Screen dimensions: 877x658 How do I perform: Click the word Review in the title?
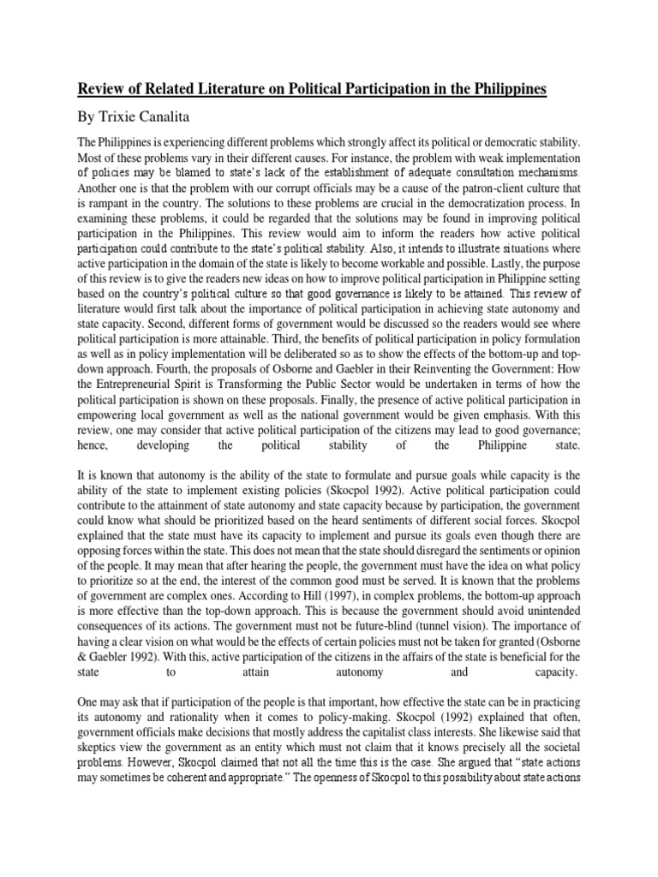(103, 89)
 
